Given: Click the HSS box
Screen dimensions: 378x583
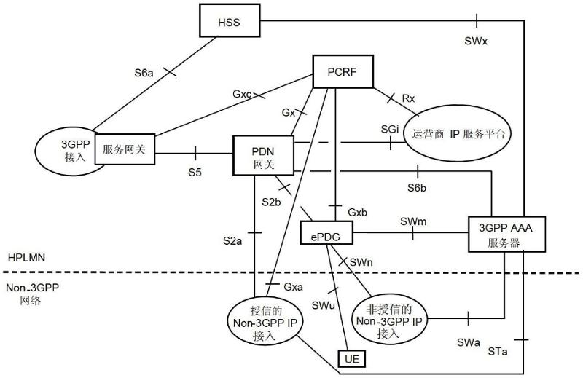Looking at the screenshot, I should [x=230, y=22].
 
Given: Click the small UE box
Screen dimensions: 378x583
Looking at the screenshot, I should [x=350, y=358].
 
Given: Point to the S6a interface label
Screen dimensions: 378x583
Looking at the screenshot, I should [x=144, y=73].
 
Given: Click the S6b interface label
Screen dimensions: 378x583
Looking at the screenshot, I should [x=417, y=188].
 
